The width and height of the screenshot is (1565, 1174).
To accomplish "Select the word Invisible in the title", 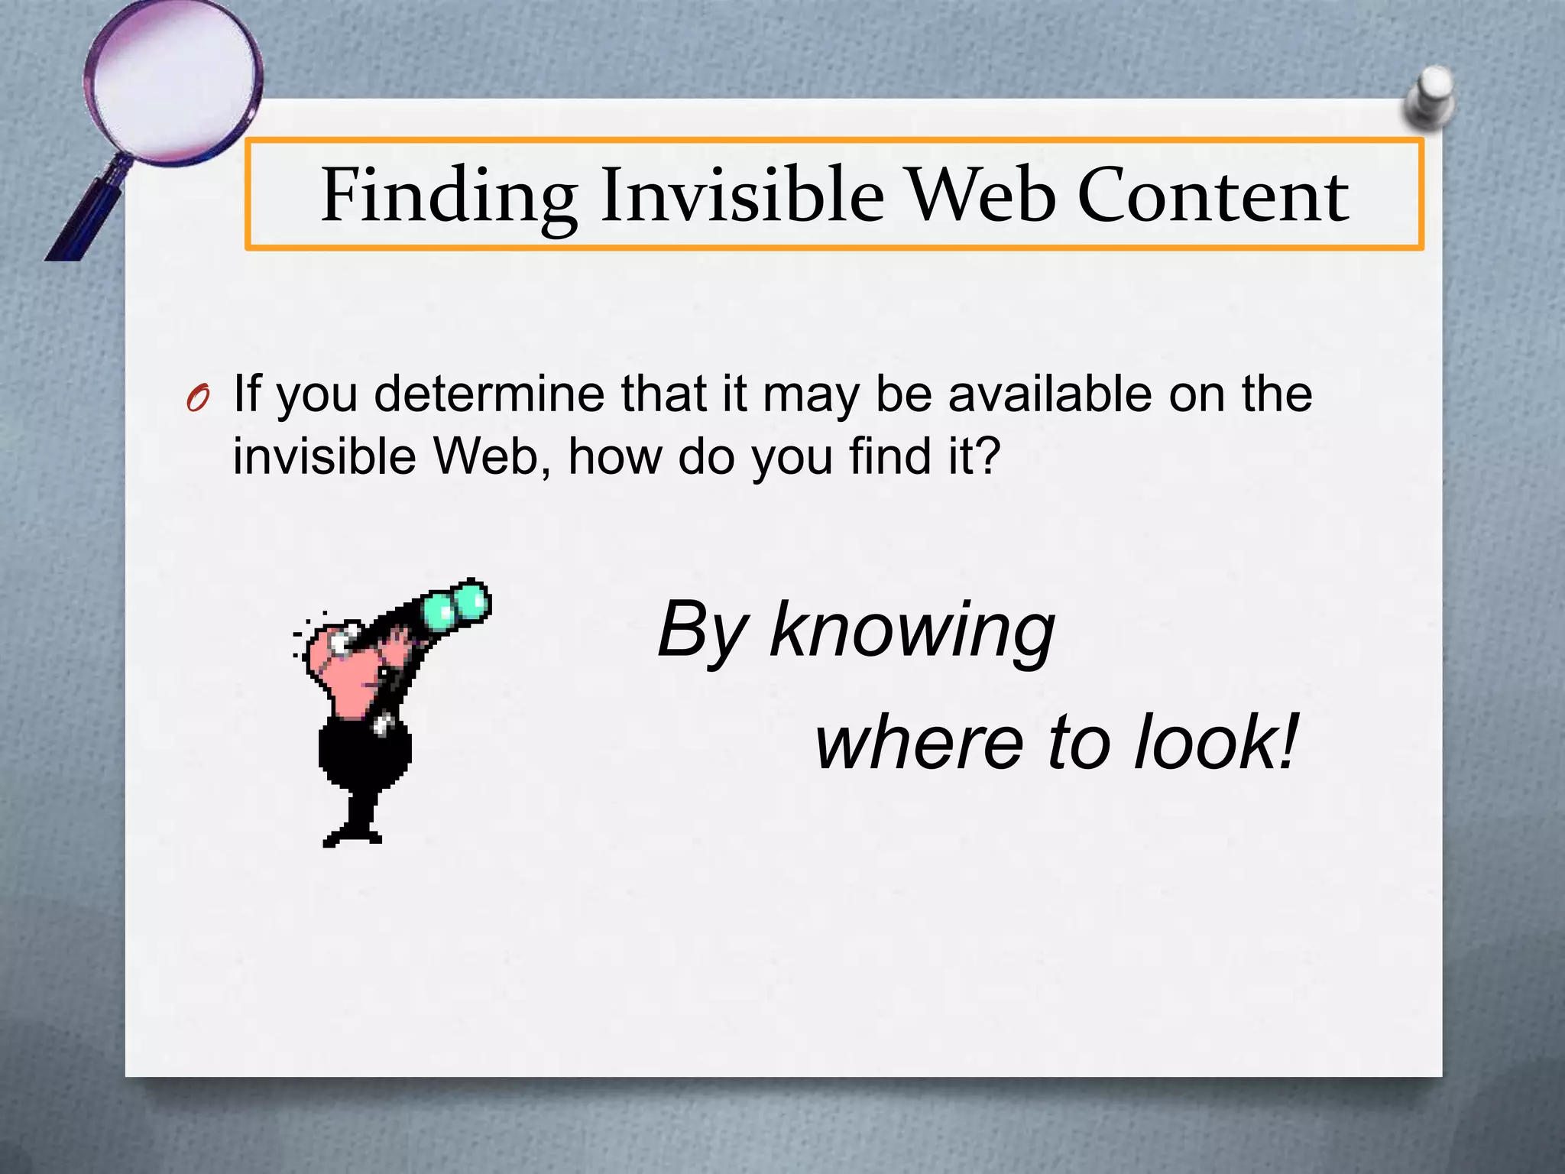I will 741,196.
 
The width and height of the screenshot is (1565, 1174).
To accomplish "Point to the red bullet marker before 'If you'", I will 197,399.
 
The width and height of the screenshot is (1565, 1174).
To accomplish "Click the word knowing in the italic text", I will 912,631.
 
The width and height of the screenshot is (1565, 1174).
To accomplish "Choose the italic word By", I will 701,631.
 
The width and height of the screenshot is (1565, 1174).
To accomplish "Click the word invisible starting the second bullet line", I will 324,456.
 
